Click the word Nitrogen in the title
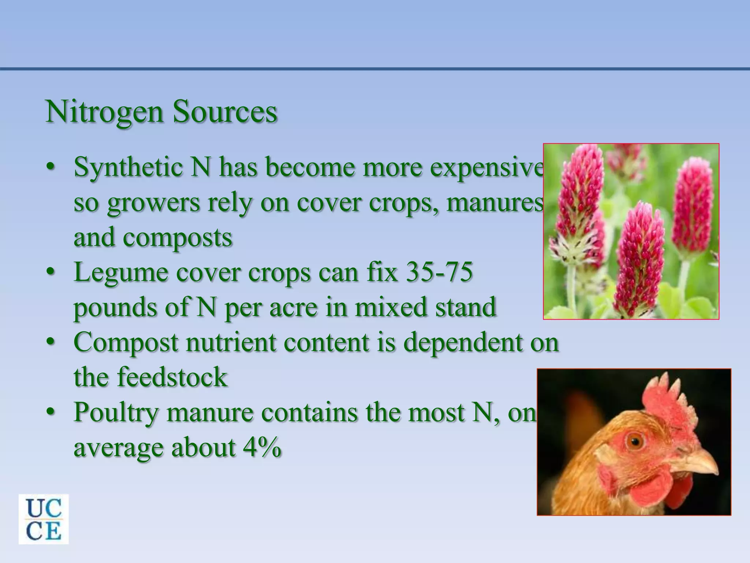104,112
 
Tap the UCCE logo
44,519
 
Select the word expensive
487,167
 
